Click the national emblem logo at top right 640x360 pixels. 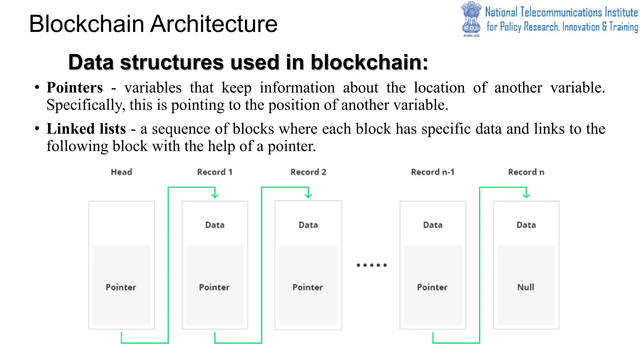click(471, 19)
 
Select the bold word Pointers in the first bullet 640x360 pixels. click(75, 87)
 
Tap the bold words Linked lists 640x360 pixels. click(86, 129)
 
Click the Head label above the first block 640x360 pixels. click(122, 172)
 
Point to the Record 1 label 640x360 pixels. click(215, 172)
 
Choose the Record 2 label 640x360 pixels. click(308, 172)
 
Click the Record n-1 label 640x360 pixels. click(432, 172)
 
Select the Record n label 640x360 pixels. click(526, 172)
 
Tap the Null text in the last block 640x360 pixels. click(526, 287)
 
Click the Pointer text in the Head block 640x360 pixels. click(121, 287)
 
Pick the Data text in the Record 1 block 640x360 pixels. click(215, 225)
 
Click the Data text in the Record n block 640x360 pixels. click(526, 225)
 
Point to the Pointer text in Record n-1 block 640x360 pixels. click(432, 287)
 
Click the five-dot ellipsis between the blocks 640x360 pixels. click(372, 265)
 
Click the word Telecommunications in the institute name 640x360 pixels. click(561, 12)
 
